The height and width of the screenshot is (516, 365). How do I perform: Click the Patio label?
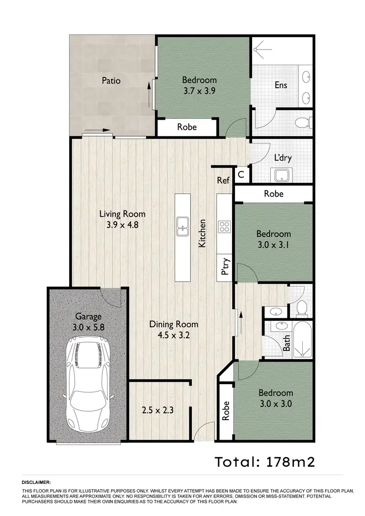pyautogui.click(x=111, y=80)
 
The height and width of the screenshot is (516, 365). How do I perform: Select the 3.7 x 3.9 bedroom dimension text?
pyautogui.click(x=199, y=90)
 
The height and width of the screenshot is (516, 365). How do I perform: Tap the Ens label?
pyautogui.click(x=281, y=85)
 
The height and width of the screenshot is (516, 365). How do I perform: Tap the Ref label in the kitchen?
pyautogui.click(x=223, y=181)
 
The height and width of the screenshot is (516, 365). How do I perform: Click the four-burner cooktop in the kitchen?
pyautogui.click(x=225, y=225)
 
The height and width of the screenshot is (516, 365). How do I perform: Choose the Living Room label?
pyautogui.click(x=122, y=214)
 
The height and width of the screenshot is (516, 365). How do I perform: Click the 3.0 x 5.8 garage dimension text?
pyautogui.click(x=88, y=327)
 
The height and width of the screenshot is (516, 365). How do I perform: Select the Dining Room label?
pyautogui.click(x=174, y=324)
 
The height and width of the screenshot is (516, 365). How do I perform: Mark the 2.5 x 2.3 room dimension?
pyautogui.click(x=158, y=410)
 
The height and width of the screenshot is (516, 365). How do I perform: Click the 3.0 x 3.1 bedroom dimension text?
pyautogui.click(x=274, y=245)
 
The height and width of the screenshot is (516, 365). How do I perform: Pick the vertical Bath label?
pyautogui.click(x=287, y=343)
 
